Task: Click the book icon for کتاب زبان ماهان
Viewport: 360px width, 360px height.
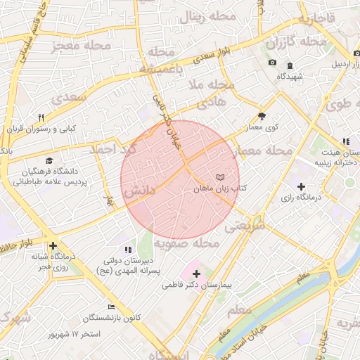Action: (x=221, y=176)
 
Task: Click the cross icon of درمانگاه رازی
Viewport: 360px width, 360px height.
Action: (x=301, y=186)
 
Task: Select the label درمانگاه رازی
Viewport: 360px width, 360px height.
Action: (x=300, y=198)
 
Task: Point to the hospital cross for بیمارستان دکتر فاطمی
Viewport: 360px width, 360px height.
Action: (x=195, y=274)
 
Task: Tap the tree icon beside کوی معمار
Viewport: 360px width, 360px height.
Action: (x=262, y=116)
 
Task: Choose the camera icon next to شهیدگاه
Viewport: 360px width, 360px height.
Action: (x=272, y=63)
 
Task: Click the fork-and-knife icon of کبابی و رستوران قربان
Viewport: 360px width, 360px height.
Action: (x=41, y=117)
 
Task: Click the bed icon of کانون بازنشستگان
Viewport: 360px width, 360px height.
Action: (x=111, y=307)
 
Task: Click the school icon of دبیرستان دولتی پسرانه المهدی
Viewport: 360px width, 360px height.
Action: (x=127, y=249)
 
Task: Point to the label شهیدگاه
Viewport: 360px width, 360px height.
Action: (x=289, y=76)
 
